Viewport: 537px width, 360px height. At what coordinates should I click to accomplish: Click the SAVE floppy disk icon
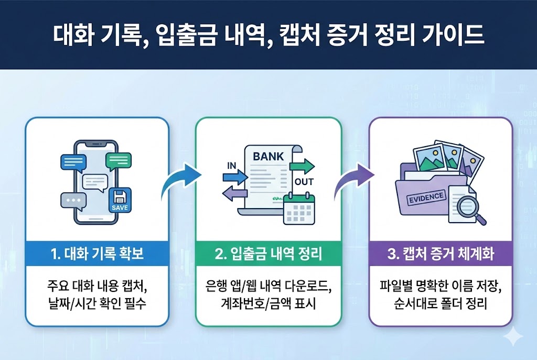click(120, 201)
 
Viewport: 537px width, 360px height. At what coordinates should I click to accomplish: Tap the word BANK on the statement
click(268, 156)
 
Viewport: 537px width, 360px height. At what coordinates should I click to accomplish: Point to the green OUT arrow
click(303, 167)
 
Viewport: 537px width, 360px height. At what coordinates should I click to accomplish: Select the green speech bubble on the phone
click(118, 161)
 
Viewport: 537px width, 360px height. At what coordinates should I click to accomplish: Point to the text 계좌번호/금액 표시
click(268, 304)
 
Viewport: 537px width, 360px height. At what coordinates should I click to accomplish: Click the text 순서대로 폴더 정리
click(441, 304)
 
